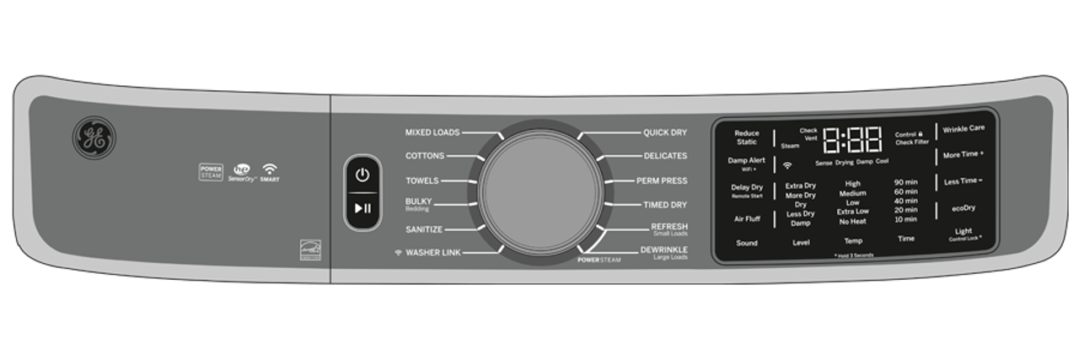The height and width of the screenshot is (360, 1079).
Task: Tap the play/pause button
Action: coord(362,208)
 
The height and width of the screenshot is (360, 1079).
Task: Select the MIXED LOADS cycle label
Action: coord(432,132)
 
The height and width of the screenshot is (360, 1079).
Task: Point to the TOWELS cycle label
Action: coord(421,180)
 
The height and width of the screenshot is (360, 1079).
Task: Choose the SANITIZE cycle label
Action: coord(423,229)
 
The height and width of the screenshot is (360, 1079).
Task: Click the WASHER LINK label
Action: coord(432,253)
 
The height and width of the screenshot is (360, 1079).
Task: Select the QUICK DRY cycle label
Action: coord(665,132)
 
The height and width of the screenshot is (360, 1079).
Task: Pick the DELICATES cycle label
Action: coord(665,156)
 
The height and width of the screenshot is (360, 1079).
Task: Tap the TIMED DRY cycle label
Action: coord(664,205)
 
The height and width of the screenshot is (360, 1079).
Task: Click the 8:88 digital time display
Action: coord(852,139)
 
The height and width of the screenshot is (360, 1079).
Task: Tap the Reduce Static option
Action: coord(747,137)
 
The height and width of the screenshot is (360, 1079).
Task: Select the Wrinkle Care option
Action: coord(964,129)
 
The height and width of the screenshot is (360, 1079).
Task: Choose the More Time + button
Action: coord(964,155)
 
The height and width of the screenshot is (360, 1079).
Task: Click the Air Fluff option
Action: coord(747,218)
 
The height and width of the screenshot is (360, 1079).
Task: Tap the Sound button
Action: coord(747,243)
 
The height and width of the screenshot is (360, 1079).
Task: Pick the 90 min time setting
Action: coord(905,182)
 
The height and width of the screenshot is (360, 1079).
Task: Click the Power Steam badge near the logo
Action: coord(211,172)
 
